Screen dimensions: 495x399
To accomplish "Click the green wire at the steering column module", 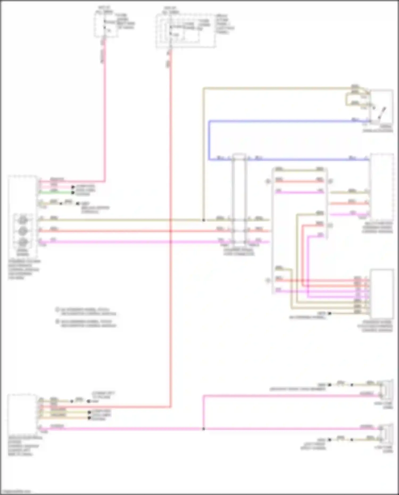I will (56, 192).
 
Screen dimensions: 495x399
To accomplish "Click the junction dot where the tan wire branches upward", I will (203, 220).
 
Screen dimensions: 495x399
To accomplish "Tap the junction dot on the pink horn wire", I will (203, 429).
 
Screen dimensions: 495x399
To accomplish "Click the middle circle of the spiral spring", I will (23, 231).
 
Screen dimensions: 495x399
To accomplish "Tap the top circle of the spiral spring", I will (23, 220).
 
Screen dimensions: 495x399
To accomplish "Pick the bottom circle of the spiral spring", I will (23, 242).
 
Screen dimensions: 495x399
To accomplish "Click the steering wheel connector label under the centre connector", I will (239, 252).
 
